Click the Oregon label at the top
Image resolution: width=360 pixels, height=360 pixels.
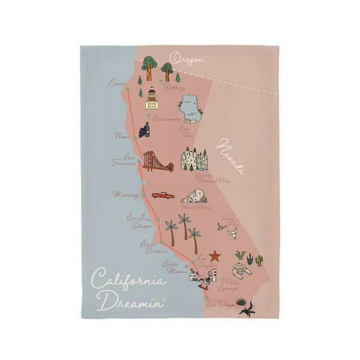[x=186, y=58]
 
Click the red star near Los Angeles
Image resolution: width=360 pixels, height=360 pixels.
[x=215, y=256]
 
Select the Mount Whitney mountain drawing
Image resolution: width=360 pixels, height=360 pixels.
[x=194, y=196]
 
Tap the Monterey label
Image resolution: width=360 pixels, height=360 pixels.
[x=125, y=194]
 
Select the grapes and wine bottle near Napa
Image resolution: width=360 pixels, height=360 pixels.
[x=143, y=129]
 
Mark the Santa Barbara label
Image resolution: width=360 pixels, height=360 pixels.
[x=149, y=247]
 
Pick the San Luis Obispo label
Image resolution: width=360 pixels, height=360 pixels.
[x=138, y=221]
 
